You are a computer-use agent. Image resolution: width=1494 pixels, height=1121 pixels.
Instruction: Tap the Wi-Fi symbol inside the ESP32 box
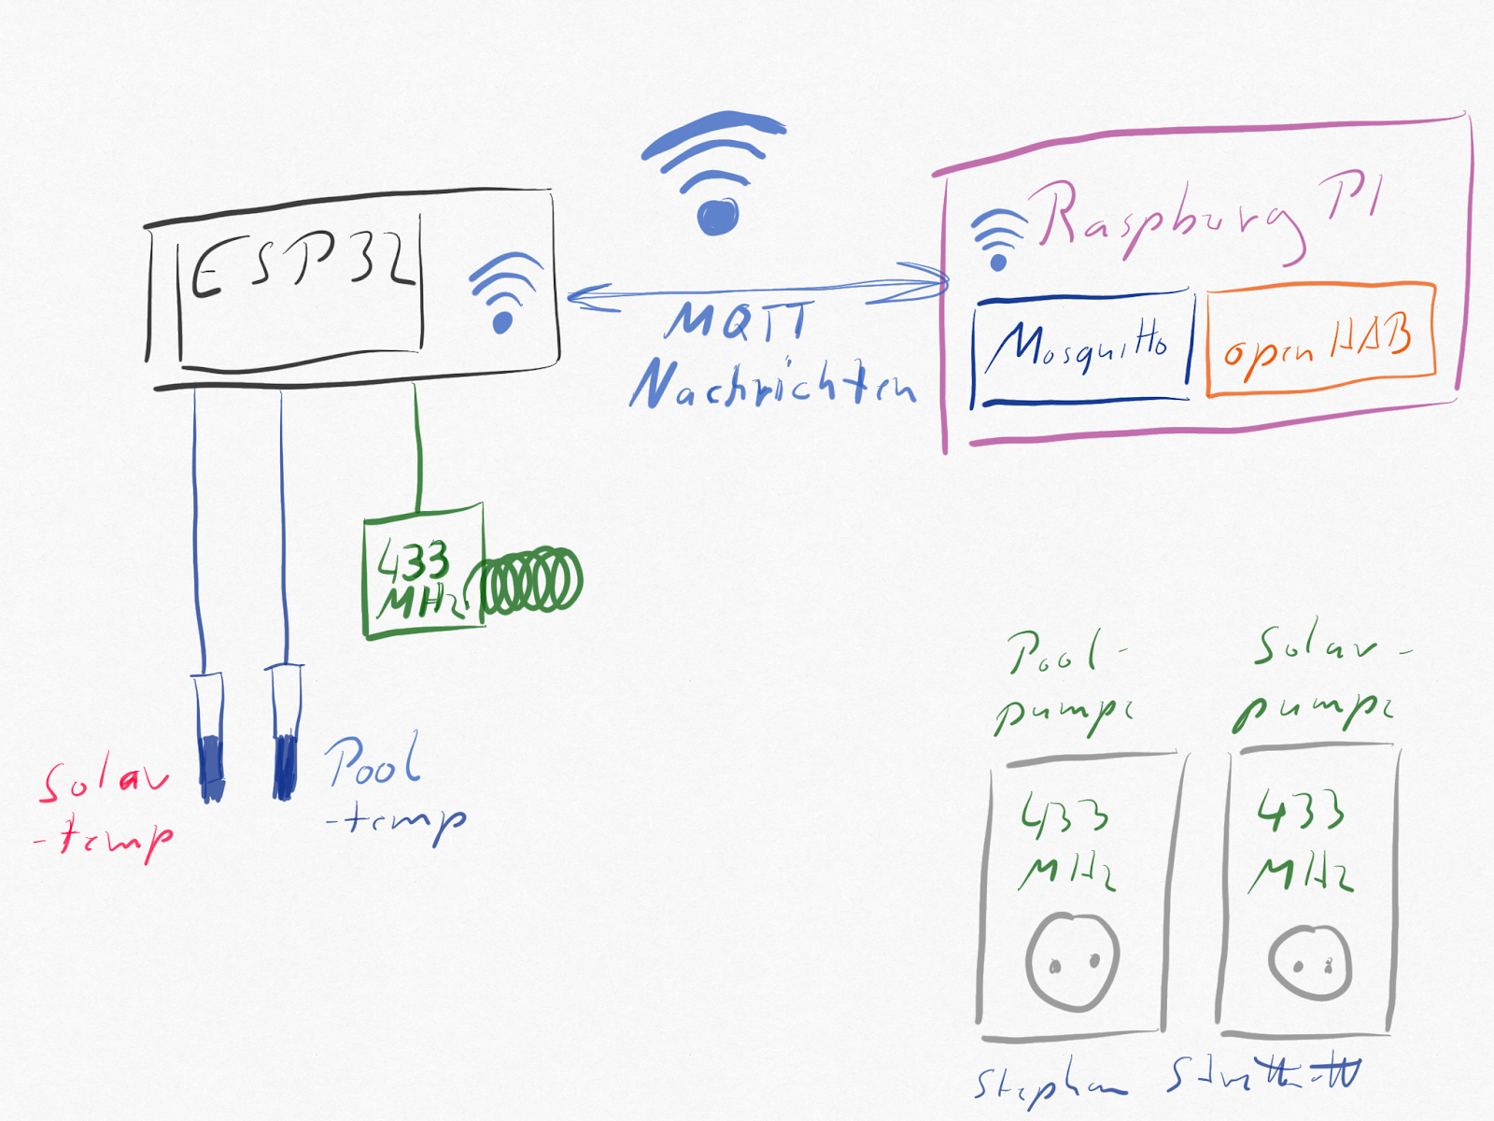click(505, 291)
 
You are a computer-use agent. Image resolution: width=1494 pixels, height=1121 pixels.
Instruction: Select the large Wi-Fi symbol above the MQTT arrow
click(714, 173)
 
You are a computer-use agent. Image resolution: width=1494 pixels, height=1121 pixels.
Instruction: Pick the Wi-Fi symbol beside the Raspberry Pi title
click(997, 237)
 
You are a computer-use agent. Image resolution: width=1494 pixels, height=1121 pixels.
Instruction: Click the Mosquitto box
click(1081, 350)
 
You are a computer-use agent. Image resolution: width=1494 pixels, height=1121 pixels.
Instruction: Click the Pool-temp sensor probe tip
click(285, 766)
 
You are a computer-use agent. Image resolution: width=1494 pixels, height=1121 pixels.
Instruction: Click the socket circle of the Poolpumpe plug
click(1072, 962)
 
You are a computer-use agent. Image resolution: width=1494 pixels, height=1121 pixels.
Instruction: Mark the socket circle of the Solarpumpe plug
click(1309, 962)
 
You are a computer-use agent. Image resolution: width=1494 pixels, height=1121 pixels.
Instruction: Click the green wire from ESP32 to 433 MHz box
click(417, 448)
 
